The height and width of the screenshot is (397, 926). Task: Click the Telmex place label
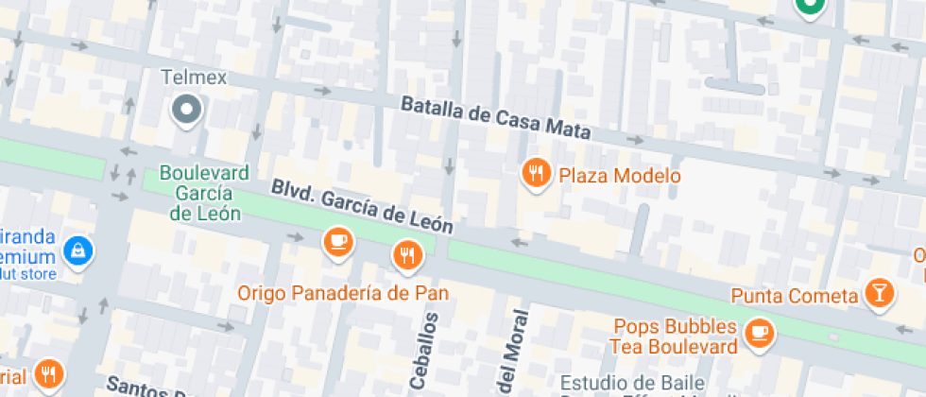click(194, 78)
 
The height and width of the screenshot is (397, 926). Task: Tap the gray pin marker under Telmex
click(186, 111)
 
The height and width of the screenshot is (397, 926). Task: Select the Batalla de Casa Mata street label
click(496, 117)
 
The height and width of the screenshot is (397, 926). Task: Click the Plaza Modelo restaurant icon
click(537, 172)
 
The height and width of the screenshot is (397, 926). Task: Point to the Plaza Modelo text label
click(619, 176)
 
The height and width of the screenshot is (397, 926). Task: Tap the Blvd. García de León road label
click(362, 207)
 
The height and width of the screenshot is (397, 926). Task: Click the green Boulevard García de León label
click(204, 193)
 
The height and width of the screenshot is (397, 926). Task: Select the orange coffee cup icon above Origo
click(337, 242)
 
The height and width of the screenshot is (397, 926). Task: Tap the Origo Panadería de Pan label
click(343, 293)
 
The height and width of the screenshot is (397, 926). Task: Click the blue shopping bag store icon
click(77, 250)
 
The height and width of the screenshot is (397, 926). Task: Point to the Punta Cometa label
click(794, 295)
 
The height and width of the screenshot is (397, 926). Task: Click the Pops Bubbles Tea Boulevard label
click(675, 337)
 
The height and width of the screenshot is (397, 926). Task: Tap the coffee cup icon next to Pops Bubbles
click(759, 332)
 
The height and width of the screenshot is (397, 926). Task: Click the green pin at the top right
click(809, 8)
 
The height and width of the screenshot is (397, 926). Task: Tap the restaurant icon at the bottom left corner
click(47, 374)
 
